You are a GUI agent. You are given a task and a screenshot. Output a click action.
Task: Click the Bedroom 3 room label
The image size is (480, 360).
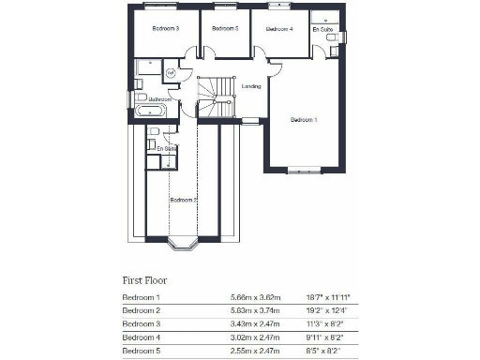pyautogui.click(x=165, y=29)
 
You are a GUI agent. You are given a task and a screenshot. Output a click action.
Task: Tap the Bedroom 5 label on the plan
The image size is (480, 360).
pyautogui.click(x=225, y=29)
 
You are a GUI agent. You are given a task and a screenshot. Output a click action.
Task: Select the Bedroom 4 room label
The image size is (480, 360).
pyautogui.click(x=279, y=29)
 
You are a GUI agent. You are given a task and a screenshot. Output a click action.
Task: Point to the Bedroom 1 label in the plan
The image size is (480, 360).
pyautogui.click(x=304, y=120)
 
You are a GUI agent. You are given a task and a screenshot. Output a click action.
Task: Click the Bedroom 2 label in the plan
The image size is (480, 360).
pyautogui.click(x=183, y=200)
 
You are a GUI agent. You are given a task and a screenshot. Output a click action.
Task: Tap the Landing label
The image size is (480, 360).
pyautogui.click(x=251, y=86)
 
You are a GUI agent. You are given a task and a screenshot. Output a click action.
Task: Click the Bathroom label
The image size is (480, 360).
pyautogui.click(x=158, y=98)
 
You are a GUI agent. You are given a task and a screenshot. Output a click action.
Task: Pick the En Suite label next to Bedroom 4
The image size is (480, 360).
pyautogui.click(x=322, y=29)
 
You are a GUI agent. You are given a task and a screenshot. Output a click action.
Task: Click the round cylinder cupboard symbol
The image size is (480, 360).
pyautogui.click(x=171, y=72)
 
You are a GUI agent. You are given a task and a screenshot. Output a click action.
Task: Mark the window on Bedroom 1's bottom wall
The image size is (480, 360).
pyautogui.click(x=304, y=171)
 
